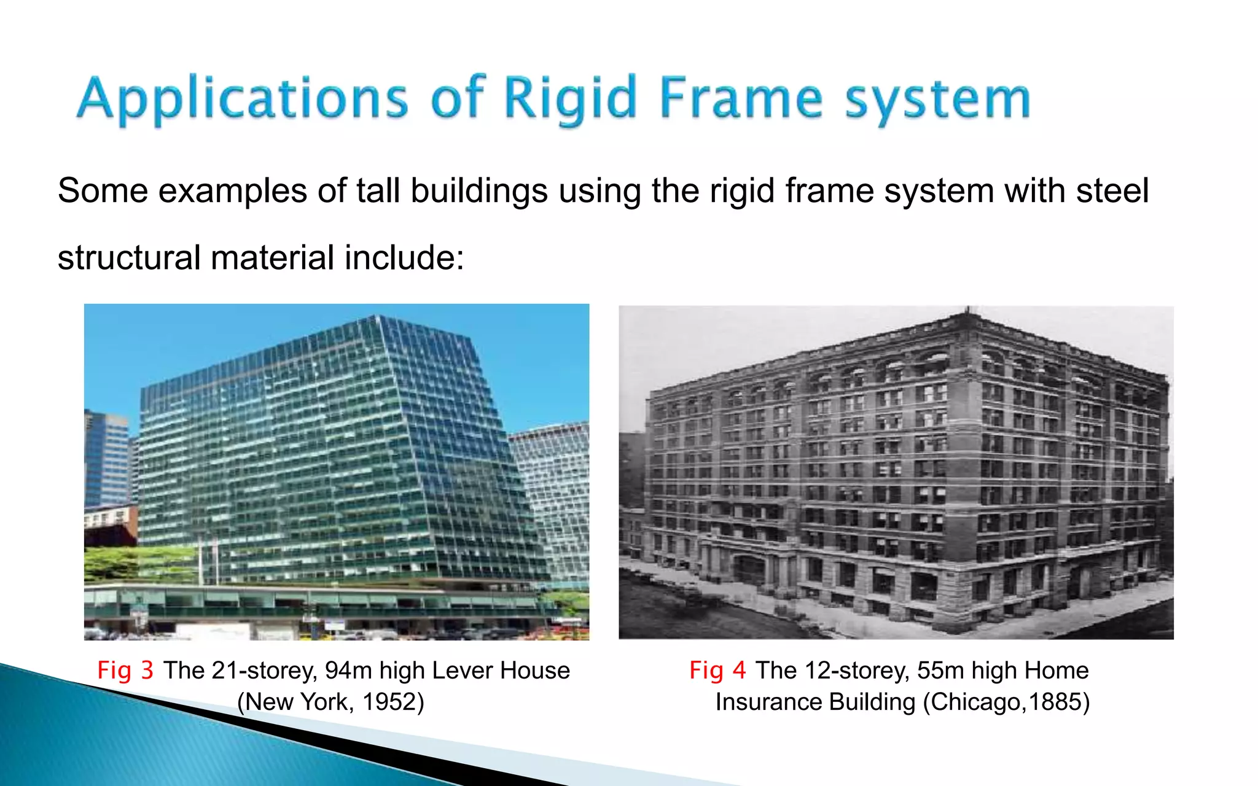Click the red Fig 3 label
125,670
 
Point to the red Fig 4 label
717,670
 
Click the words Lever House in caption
501,670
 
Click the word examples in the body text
233,192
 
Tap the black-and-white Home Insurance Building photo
896,473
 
